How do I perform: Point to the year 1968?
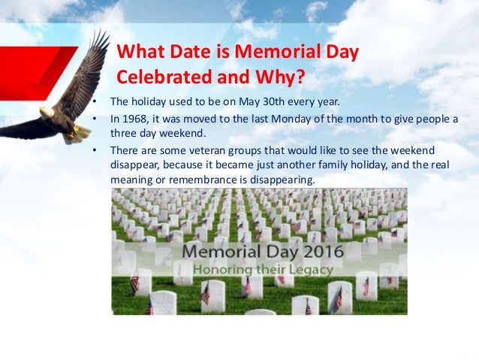click(134, 118)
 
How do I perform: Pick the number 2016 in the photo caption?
click(318, 249)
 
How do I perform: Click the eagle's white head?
click(47, 113)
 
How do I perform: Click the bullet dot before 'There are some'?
click(94, 150)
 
